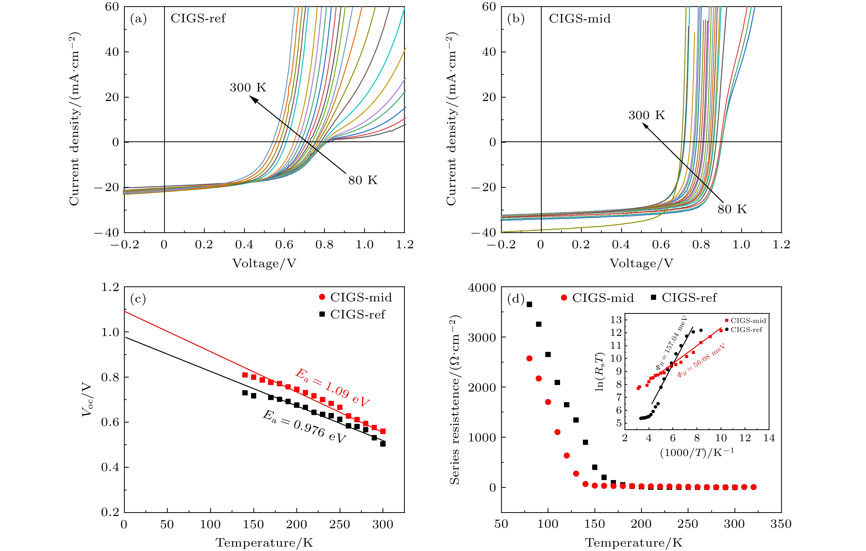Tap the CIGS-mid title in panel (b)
click(x=579, y=18)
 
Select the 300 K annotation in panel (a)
click(x=248, y=88)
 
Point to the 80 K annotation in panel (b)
click(x=732, y=209)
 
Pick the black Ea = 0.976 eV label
click(x=304, y=426)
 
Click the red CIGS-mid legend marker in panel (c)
click(x=322, y=297)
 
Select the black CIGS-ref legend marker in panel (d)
click(x=654, y=297)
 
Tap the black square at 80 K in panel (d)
click(x=529, y=304)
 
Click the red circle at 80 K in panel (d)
click(x=529, y=358)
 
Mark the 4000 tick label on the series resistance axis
click(x=482, y=288)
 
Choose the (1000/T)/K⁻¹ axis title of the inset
click(x=697, y=452)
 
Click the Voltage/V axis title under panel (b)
click(x=641, y=263)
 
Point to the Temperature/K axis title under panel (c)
click(x=264, y=543)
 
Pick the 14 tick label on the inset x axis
click(x=769, y=438)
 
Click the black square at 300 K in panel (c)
click(x=383, y=444)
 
